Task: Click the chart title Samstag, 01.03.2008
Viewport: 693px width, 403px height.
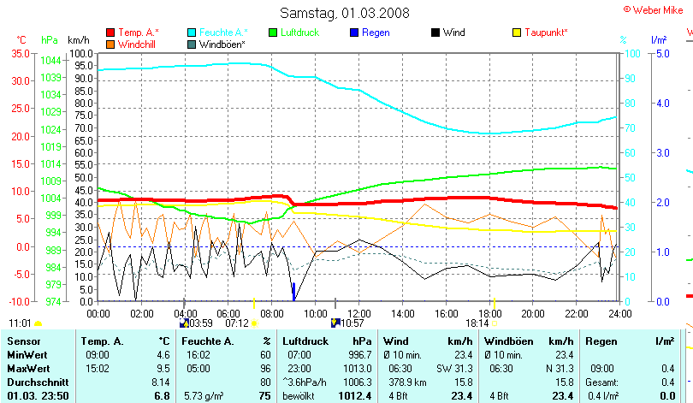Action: [345, 13]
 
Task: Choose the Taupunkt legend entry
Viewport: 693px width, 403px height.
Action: [545, 33]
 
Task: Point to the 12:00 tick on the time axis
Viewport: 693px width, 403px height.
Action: [358, 314]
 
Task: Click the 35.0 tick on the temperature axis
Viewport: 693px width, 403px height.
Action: [21, 53]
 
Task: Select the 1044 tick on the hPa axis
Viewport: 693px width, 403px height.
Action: [50, 61]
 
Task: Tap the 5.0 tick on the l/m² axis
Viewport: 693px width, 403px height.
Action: [661, 53]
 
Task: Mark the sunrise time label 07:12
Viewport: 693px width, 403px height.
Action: [237, 323]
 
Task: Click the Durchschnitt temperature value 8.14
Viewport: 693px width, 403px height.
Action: [160, 382]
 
